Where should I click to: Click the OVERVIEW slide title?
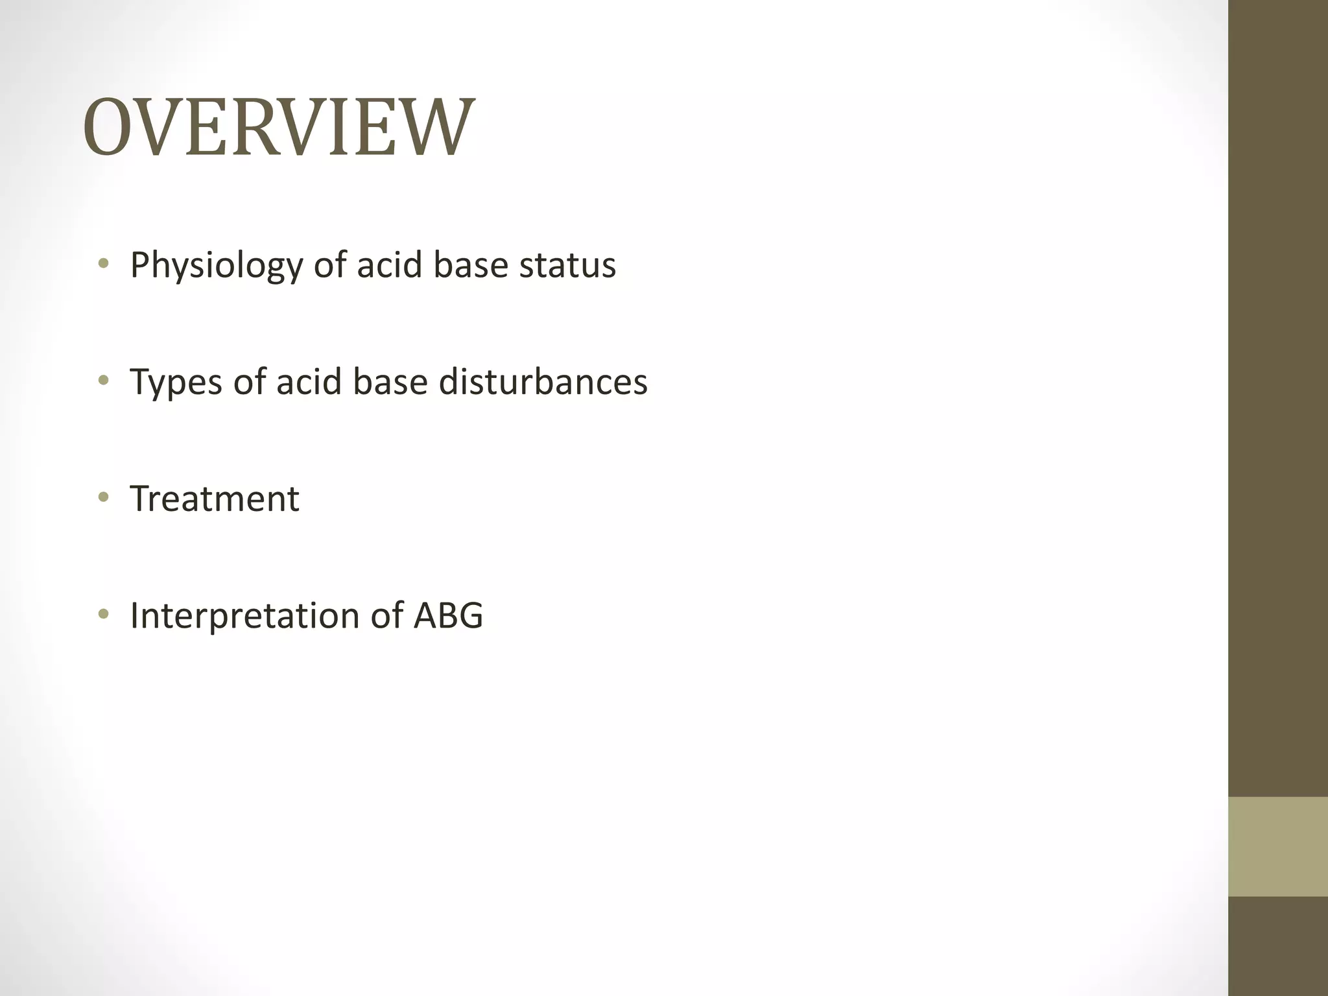(x=279, y=127)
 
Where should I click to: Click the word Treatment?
(x=215, y=499)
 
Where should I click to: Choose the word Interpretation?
(x=244, y=616)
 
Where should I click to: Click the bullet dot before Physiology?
(x=103, y=263)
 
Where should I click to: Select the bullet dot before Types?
(x=103, y=380)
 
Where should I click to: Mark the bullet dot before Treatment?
(x=103, y=497)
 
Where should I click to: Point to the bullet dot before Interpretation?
(x=103, y=614)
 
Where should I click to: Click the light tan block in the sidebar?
(x=1278, y=847)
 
